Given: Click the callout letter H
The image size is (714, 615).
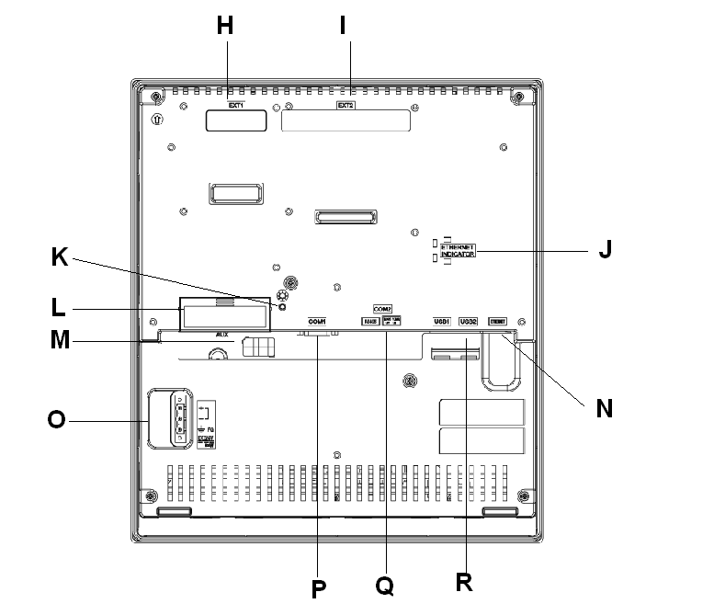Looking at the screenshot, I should (225, 26).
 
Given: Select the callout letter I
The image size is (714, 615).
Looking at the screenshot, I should (343, 26).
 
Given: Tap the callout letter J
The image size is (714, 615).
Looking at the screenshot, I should (604, 250).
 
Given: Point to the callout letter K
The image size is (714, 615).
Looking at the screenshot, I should (59, 260).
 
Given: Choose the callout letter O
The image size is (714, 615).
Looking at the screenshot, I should (57, 422).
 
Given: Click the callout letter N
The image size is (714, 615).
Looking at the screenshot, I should (604, 406).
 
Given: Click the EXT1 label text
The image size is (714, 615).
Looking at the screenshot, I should (235, 105).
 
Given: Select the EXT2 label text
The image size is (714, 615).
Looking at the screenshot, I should (345, 106).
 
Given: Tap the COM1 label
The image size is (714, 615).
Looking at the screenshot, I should (317, 321).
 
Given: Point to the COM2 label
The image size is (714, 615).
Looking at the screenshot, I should (382, 309).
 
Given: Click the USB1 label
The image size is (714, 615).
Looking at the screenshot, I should (442, 321).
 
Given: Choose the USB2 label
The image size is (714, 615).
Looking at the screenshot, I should (468, 321).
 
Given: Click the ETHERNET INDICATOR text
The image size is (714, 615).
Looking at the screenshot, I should (458, 250).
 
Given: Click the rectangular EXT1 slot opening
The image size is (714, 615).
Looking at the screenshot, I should (235, 120).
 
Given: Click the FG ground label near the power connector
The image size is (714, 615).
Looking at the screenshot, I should (211, 428).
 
